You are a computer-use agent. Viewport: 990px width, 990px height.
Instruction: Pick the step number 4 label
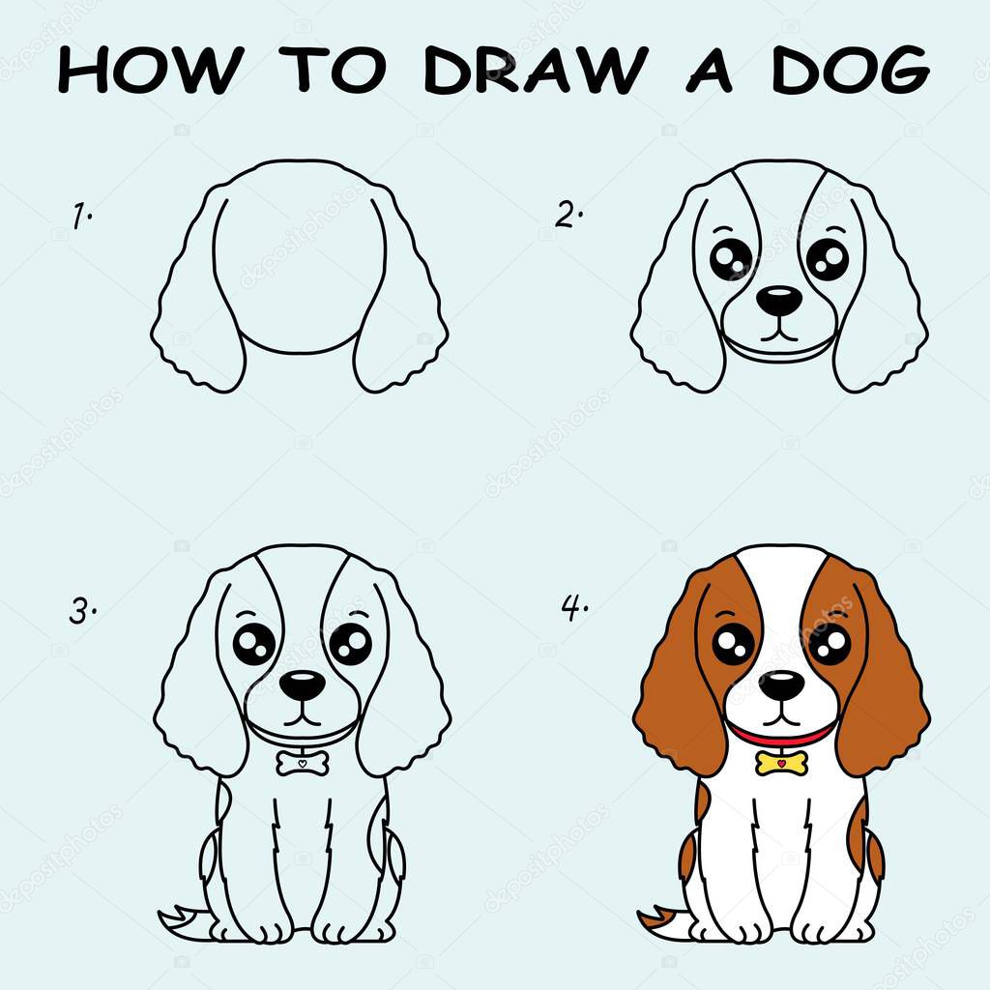click(x=574, y=608)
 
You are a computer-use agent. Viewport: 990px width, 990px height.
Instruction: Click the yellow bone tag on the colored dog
click(x=781, y=763)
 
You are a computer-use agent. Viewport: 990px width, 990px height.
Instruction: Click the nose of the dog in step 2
click(x=778, y=300)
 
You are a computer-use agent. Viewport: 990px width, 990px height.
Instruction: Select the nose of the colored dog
click(x=781, y=685)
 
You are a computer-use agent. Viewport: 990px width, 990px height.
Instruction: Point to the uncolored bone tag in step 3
click(x=303, y=763)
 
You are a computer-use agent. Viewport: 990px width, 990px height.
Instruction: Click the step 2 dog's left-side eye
click(x=731, y=259)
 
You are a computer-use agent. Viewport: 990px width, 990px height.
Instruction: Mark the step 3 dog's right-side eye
click(x=350, y=644)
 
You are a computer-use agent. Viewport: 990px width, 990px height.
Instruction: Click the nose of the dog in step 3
click(x=304, y=685)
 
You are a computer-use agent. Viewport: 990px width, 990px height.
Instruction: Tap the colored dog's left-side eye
click(x=734, y=643)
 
